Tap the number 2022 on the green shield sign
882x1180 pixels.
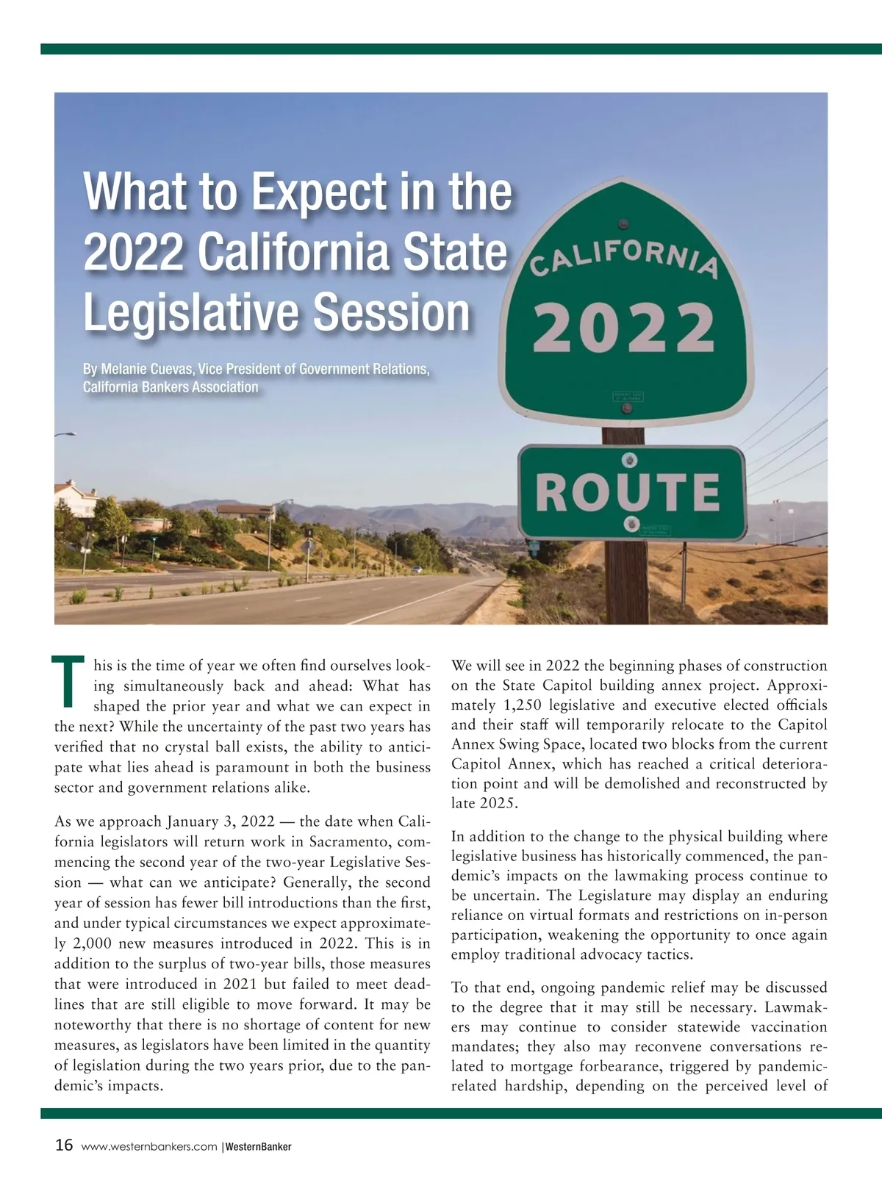pos(623,327)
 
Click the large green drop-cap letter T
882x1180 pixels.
pos(68,681)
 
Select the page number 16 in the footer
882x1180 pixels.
pos(64,1145)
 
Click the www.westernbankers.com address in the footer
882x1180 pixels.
pos(149,1147)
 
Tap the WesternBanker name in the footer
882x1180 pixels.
pos(258,1147)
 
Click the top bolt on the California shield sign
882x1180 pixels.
pos(623,223)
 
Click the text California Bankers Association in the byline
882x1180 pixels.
pos(171,387)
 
